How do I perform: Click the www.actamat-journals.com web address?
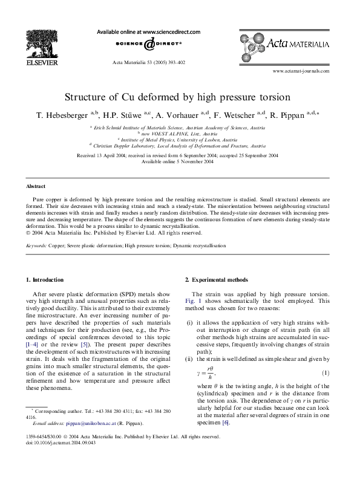(301, 71)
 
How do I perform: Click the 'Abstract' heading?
(35, 186)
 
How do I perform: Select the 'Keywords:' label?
(38, 246)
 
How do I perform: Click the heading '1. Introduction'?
(44, 280)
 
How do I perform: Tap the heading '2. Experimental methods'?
(216, 280)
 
